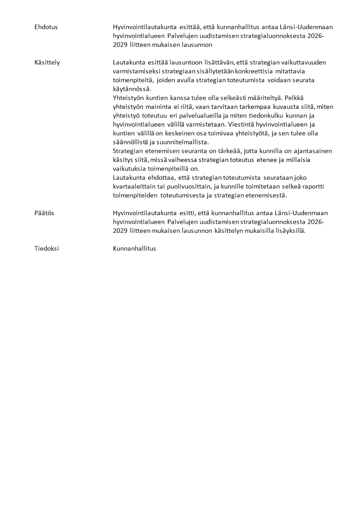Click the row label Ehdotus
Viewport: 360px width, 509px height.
tap(46, 27)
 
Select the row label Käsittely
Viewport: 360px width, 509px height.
tap(47, 62)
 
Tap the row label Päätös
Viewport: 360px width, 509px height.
tap(44, 213)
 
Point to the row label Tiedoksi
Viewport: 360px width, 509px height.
tap(46, 248)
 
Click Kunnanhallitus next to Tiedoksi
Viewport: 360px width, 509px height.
tap(134, 248)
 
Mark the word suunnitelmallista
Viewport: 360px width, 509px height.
tap(173, 142)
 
